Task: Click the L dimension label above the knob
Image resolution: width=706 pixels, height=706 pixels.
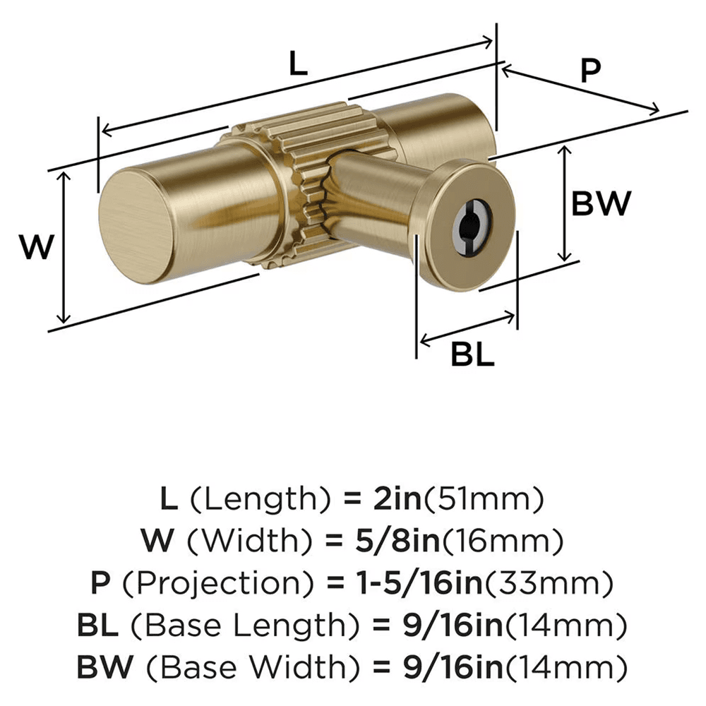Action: (x=299, y=65)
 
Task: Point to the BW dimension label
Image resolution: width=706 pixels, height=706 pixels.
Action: (x=600, y=205)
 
